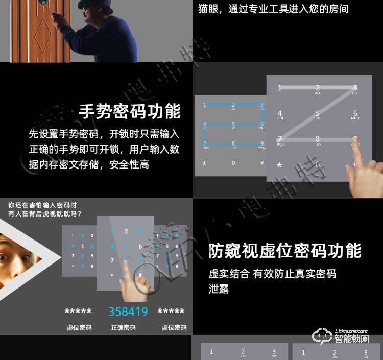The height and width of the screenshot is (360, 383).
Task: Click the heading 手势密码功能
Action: (130, 111)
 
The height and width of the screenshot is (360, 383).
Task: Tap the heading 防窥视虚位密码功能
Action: (284, 251)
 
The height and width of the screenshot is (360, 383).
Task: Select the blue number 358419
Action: (128, 311)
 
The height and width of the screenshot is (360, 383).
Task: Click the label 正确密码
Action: (123, 328)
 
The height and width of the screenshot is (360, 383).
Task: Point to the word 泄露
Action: (219, 289)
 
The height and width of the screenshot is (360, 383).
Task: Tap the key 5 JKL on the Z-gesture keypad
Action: (317, 115)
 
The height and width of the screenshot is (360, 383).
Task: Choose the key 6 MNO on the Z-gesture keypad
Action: (355, 115)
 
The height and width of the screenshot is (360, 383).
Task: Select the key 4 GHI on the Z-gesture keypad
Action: (279, 115)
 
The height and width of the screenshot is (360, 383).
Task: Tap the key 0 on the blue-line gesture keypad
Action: (233, 163)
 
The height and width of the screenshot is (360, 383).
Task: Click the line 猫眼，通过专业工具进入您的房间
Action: (273, 9)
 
